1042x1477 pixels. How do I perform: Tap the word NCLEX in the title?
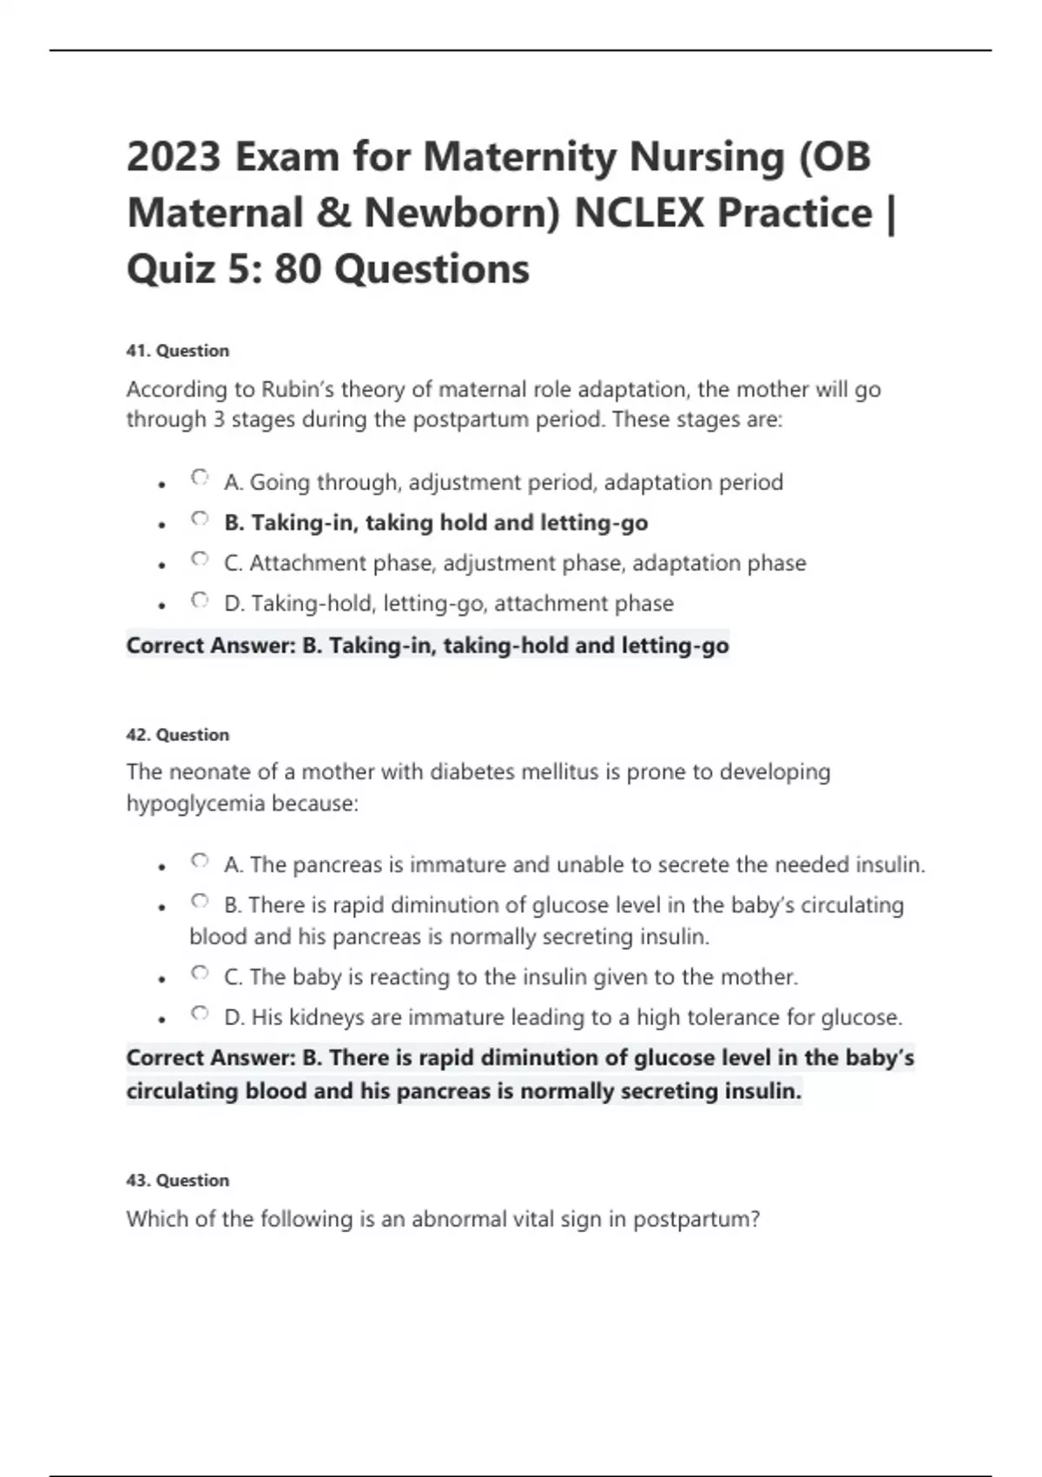click(x=637, y=213)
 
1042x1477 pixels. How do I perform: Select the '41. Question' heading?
click(x=178, y=351)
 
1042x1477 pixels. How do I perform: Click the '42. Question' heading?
click(x=178, y=735)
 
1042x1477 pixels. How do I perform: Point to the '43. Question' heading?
click(x=178, y=1181)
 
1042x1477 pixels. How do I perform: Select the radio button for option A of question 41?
click(x=200, y=478)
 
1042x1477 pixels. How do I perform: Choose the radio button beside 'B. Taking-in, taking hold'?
click(x=200, y=519)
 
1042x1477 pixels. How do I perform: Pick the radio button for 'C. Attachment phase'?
click(x=200, y=560)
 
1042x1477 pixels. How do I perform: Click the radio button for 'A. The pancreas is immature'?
click(x=200, y=861)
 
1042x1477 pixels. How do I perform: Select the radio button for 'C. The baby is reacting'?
click(x=200, y=973)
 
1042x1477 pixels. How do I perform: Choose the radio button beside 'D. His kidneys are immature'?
click(x=200, y=1013)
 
